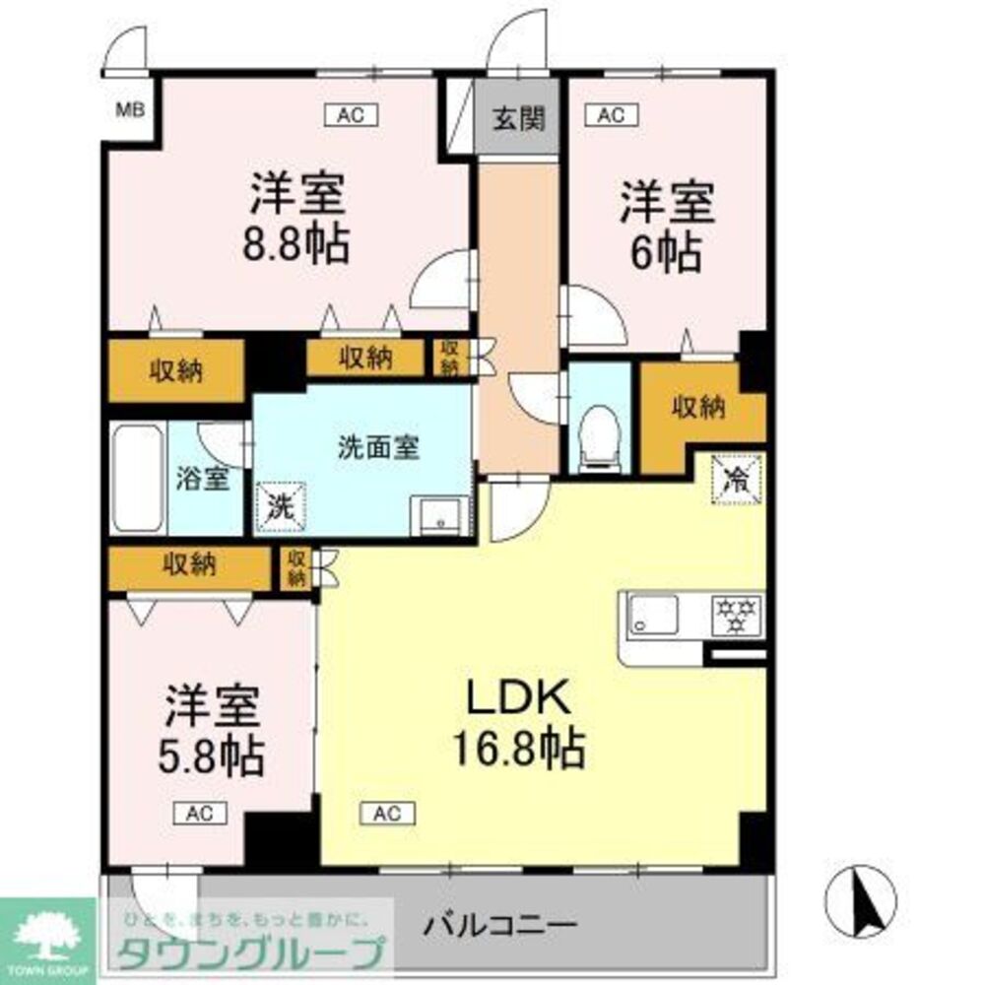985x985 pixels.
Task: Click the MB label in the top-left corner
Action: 131,109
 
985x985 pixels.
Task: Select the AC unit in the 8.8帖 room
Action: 351,115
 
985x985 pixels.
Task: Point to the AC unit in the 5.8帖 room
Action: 201,813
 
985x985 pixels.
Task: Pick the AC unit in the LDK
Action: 386,813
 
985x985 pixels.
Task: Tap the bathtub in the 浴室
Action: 136,480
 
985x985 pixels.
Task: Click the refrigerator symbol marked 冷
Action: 736,480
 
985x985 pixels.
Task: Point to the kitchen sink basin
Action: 653,616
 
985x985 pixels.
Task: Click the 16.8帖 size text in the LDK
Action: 518,749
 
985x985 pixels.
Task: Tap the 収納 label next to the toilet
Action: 699,405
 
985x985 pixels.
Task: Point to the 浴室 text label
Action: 203,480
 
